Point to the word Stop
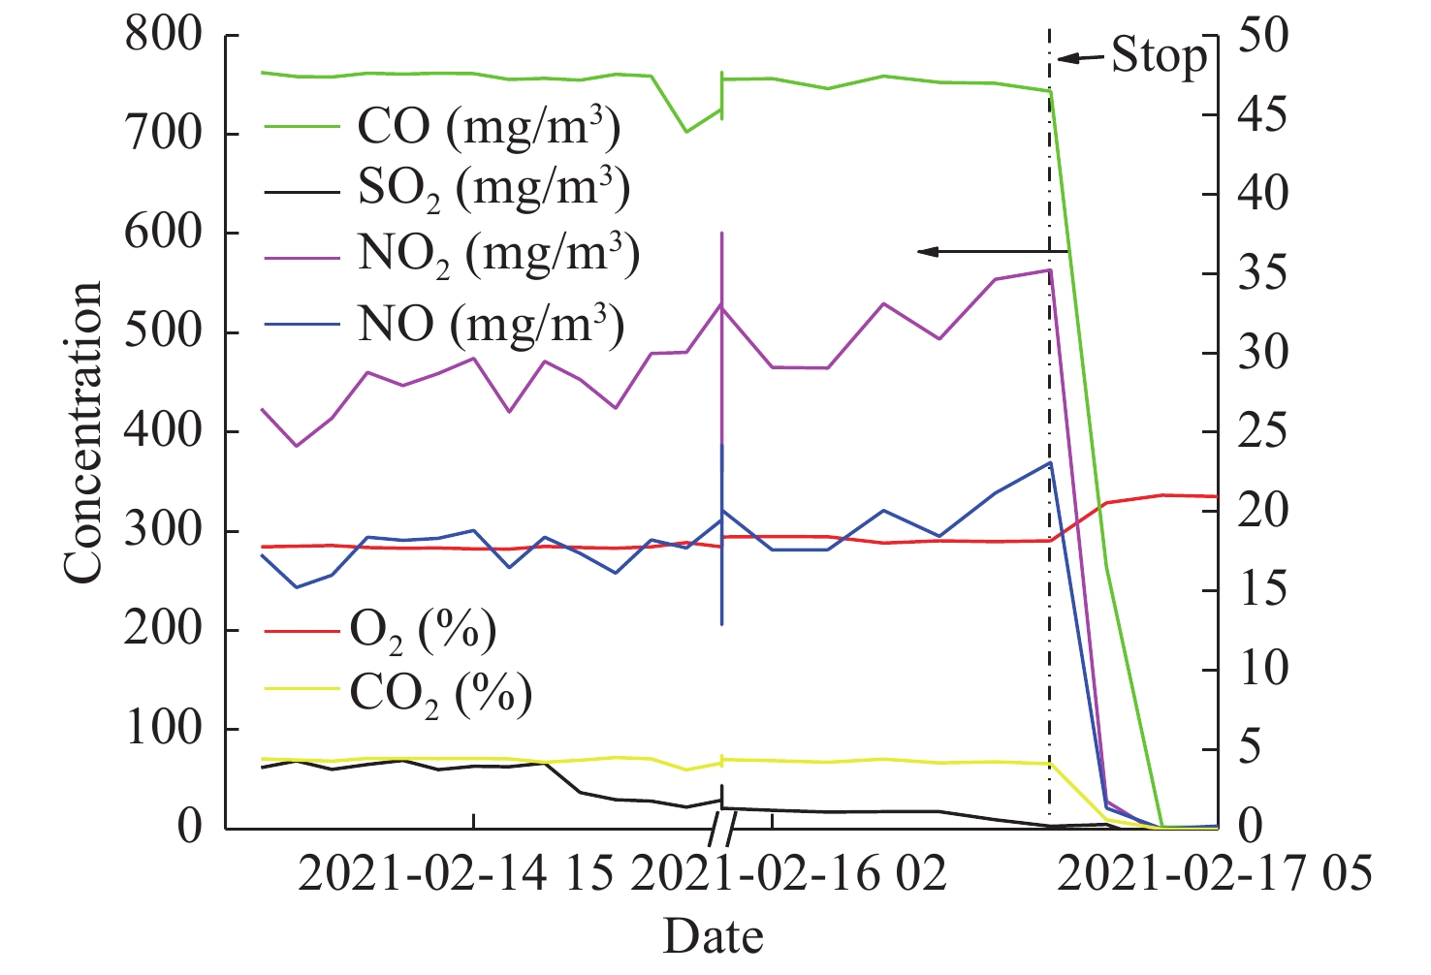(x=1159, y=55)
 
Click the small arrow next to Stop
(x=1080, y=58)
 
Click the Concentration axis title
(x=83, y=432)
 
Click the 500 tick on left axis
(x=163, y=332)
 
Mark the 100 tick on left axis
(x=163, y=729)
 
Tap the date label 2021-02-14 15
(x=456, y=874)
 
